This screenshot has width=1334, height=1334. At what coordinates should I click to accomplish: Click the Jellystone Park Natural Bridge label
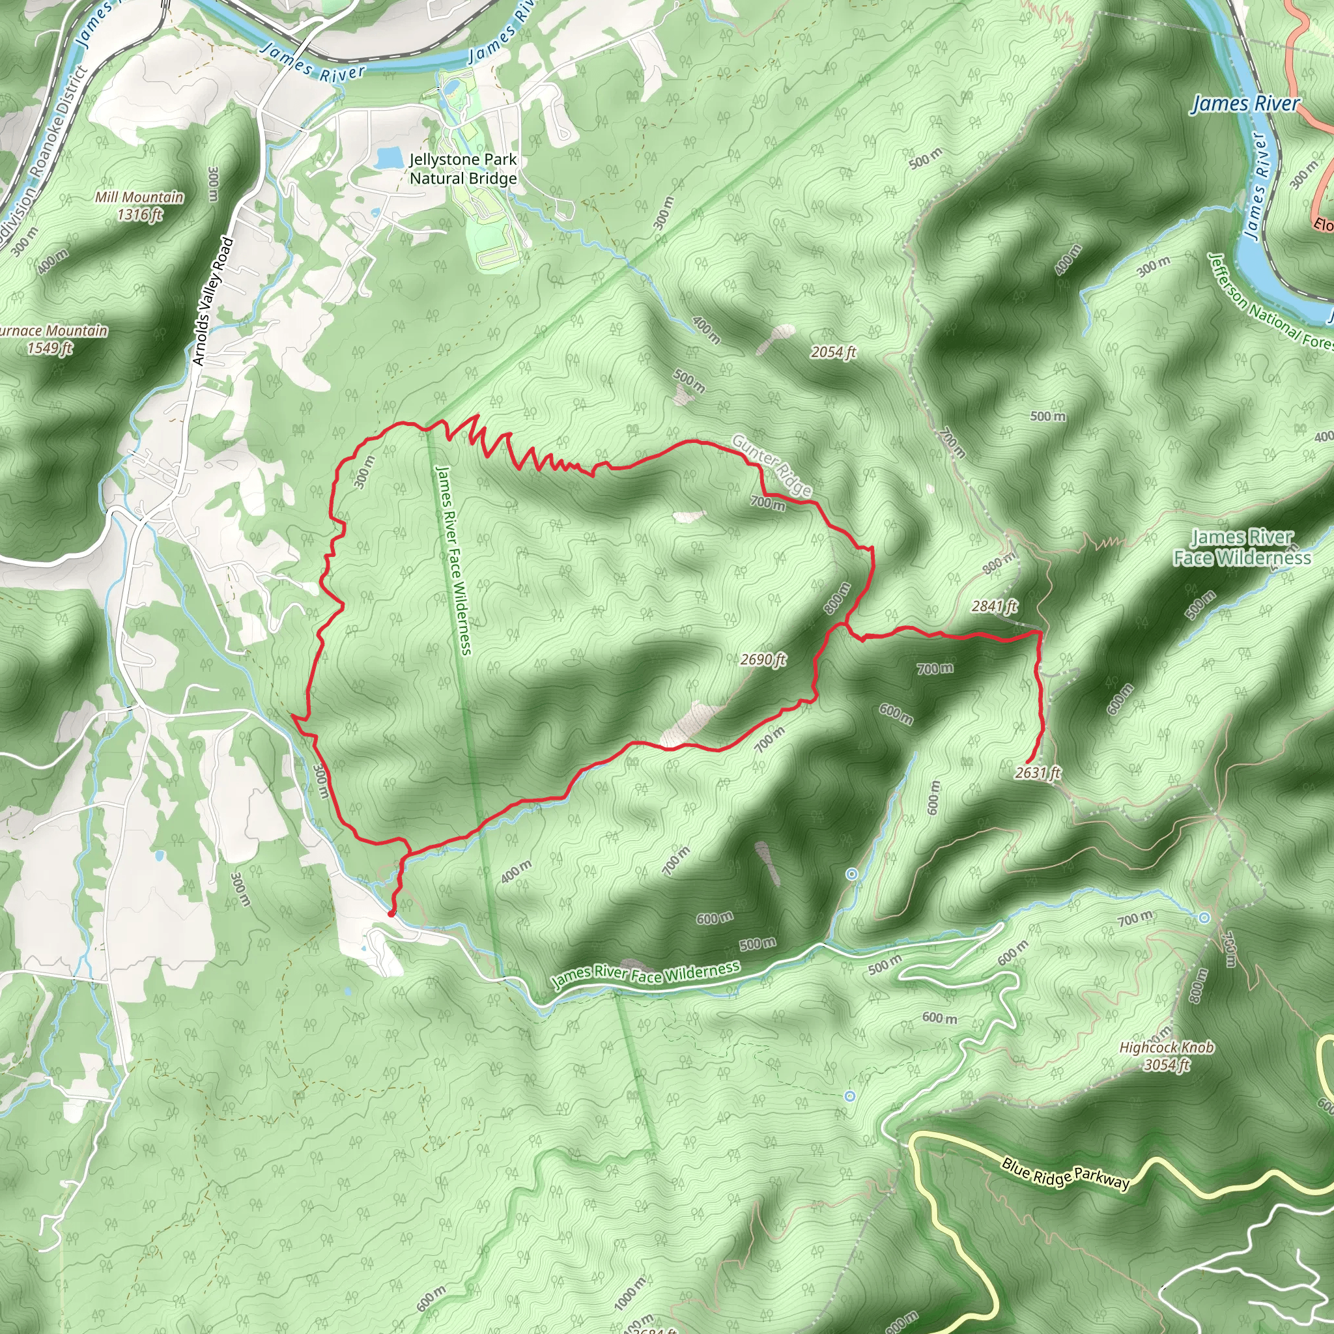pos(462,169)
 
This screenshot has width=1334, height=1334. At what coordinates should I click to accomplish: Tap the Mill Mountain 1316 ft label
pos(139,206)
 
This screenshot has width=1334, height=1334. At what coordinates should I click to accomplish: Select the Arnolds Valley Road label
pos(214,301)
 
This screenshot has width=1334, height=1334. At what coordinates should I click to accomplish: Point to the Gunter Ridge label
pos(771,465)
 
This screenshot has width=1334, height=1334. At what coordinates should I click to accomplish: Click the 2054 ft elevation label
pos(832,352)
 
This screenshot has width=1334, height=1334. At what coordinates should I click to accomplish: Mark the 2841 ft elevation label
pos(994,606)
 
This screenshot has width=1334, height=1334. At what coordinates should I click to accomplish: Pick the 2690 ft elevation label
pos(763,659)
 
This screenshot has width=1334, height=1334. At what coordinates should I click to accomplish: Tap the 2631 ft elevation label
pos(1037,773)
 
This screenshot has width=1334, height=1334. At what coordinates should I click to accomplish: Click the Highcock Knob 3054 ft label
pos(1166,1056)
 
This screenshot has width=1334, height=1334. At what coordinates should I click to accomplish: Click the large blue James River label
pos(1245,104)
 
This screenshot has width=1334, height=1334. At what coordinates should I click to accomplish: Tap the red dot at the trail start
pos(391,913)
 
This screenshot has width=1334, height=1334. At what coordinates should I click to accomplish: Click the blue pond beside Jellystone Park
pos(390,158)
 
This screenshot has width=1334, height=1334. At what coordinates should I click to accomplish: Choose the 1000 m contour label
pos(630,1292)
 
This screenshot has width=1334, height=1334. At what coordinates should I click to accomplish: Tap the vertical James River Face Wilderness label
pos(453,560)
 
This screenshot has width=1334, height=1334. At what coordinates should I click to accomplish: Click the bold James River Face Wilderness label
pos(1242,547)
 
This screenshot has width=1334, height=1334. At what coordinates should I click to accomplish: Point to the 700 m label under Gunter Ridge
pos(768,503)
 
